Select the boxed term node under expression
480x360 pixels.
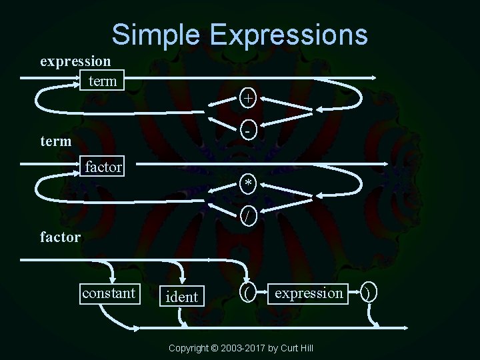pos(102,81)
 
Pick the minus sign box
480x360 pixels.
pos(248,131)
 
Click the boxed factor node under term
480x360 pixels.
pos(103,166)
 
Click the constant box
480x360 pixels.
pos(108,293)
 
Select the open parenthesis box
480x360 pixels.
pos(248,293)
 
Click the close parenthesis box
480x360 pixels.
pos(371,293)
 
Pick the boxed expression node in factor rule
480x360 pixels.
pos(309,293)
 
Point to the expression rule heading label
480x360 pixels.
pos(75,61)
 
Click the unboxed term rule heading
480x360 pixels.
pos(55,142)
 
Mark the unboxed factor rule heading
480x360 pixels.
pos(60,236)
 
